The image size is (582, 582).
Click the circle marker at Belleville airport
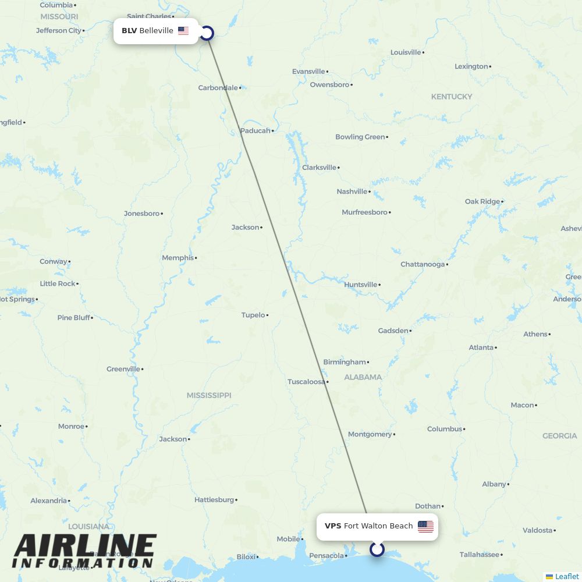pyautogui.click(x=207, y=33)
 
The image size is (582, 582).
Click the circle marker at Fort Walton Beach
pyautogui.click(x=377, y=549)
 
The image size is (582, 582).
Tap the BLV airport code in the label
pyautogui.click(x=129, y=31)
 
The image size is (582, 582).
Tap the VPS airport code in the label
pyautogui.click(x=333, y=526)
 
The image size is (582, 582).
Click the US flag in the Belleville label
pyautogui.click(x=183, y=31)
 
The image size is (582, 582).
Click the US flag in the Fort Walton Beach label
pyautogui.click(x=425, y=527)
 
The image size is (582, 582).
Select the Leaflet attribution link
pyautogui.click(x=566, y=576)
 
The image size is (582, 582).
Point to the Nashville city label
pyautogui.click(x=352, y=191)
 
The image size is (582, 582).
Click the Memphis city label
pyautogui.click(x=178, y=258)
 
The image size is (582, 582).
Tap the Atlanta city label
pyautogui.click(x=481, y=347)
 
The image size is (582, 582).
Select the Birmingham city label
pyautogui.click(x=345, y=362)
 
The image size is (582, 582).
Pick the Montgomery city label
pyautogui.click(x=370, y=434)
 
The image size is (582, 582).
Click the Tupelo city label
pyautogui.click(x=253, y=315)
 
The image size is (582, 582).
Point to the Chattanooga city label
pyautogui.click(x=423, y=264)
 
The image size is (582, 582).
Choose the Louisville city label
pyautogui.click(x=406, y=52)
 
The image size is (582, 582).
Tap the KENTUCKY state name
pyautogui.click(x=451, y=97)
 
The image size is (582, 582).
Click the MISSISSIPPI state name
pyautogui.click(x=209, y=395)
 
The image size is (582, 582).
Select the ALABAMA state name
pyautogui.click(x=363, y=377)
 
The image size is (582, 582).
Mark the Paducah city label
pyautogui.click(x=255, y=131)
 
